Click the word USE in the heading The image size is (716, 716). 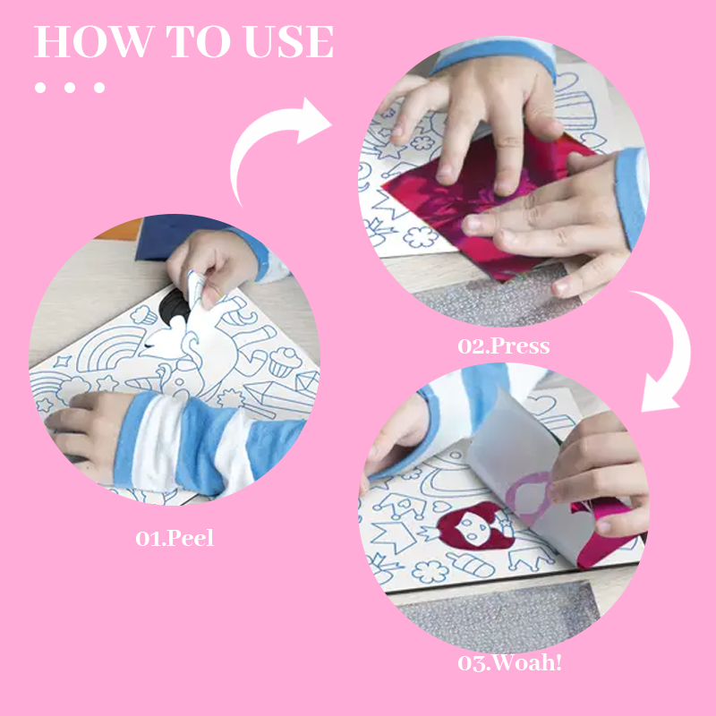pyautogui.click(x=289, y=41)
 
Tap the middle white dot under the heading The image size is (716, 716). pyautogui.click(x=70, y=87)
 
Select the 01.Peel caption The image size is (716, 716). pyautogui.click(x=175, y=538)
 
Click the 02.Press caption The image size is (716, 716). pyautogui.click(x=504, y=346)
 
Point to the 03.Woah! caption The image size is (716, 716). pyautogui.click(x=509, y=662)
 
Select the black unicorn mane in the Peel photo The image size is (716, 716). pyautogui.click(x=174, y=307)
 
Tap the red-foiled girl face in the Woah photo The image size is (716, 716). pyautogui.click(x=475, y=526)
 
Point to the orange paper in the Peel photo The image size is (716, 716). pyautogui.click(x=120, y=230)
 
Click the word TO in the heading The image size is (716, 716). pyautogui.click(x=199, y=41)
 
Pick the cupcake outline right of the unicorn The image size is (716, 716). pyautogui.click(x=285, y=362)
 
